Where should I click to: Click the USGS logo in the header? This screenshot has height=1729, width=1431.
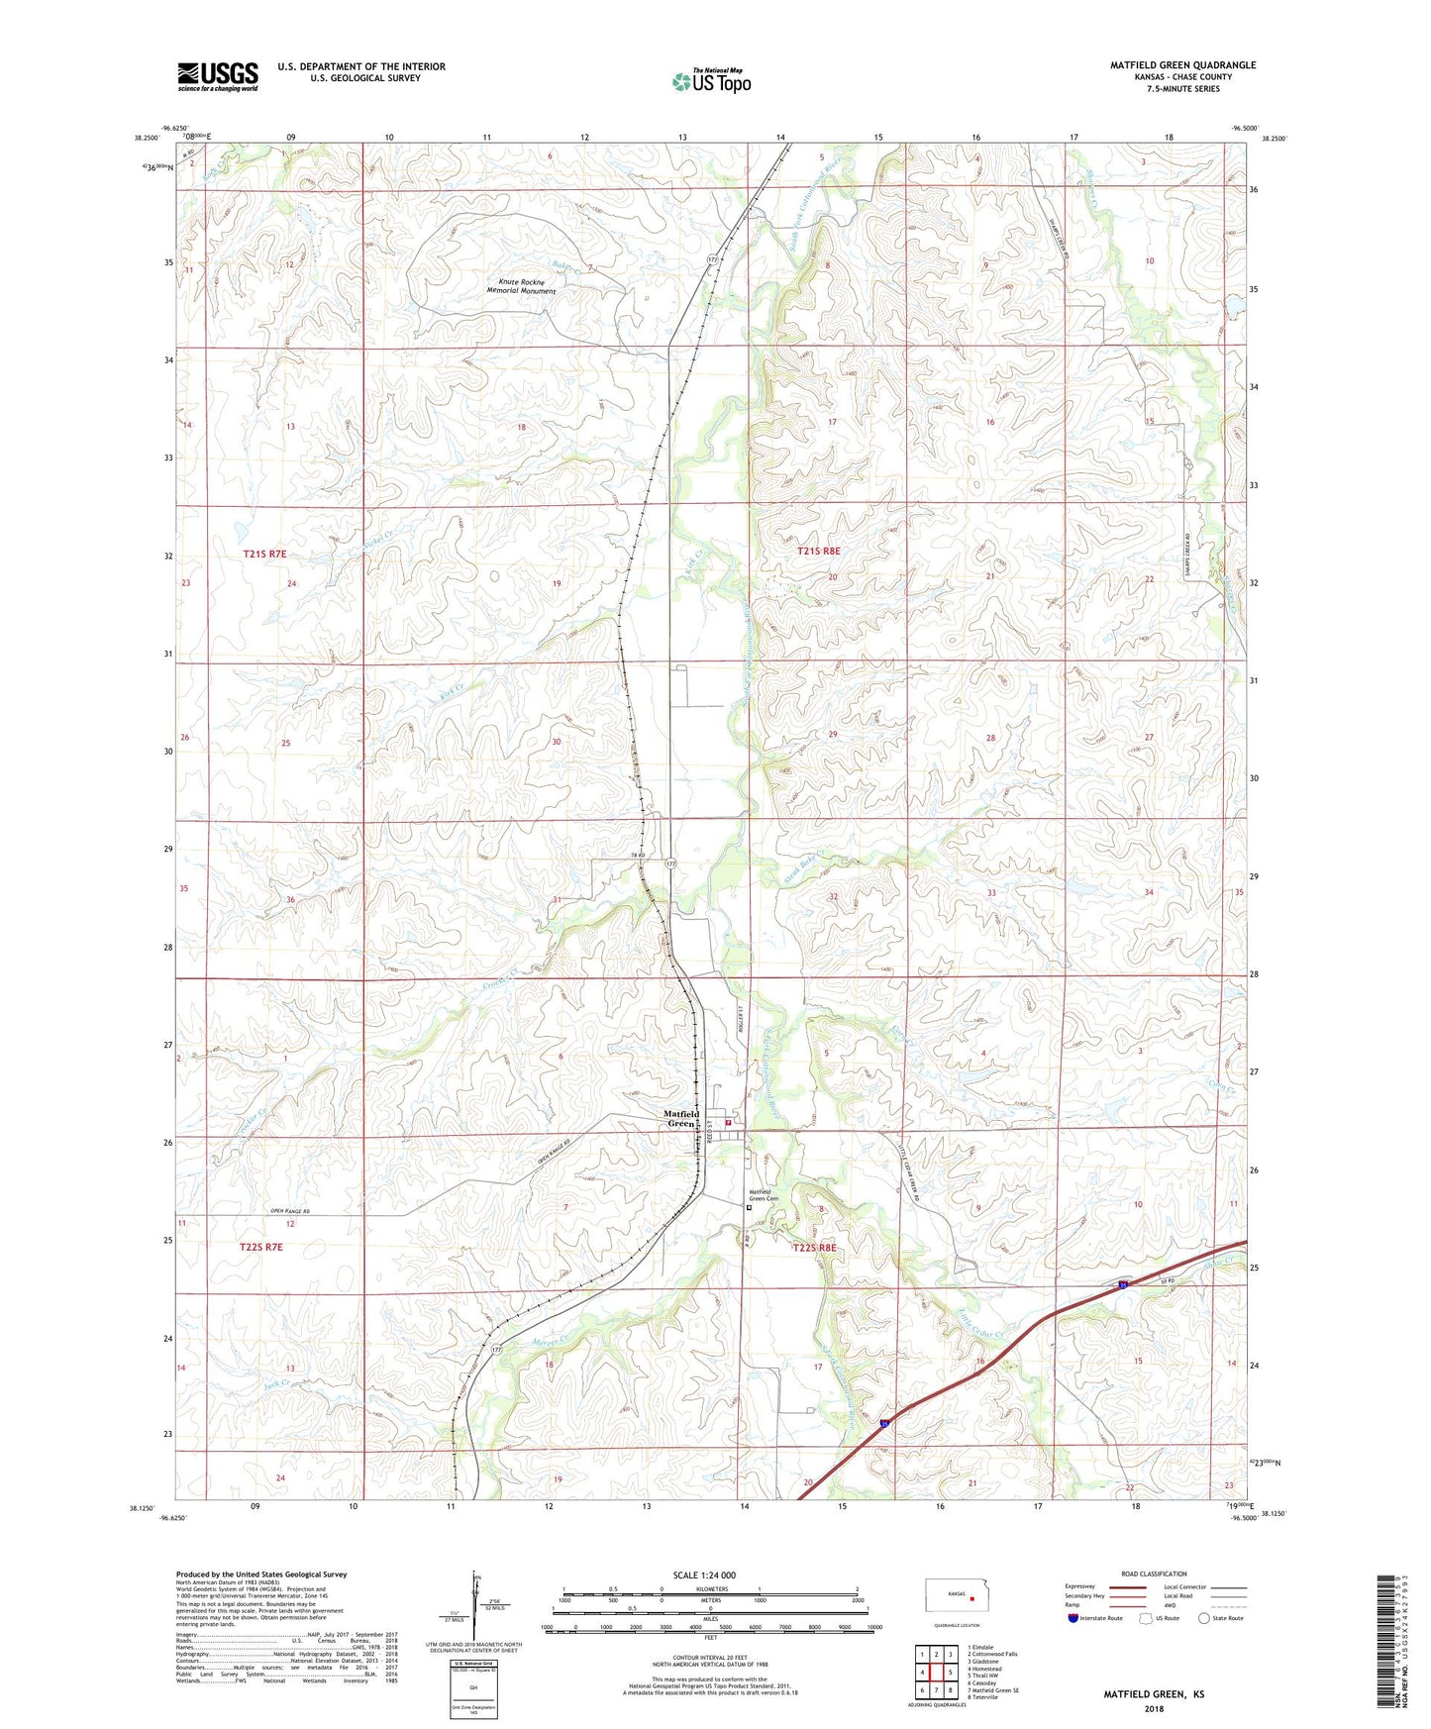(218, 76)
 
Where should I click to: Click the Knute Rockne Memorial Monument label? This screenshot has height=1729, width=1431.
(520, 286)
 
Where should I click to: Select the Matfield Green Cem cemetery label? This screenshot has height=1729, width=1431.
(764, 1195)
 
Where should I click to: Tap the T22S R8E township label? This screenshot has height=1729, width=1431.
(814, 1248)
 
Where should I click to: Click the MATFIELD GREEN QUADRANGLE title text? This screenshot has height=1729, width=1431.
(1182, 65)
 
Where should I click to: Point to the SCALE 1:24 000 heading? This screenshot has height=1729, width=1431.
(704, 1575)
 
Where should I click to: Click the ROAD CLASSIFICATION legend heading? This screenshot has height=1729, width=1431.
(1154, 1574)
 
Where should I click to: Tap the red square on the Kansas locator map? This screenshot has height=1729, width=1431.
(972, 1597)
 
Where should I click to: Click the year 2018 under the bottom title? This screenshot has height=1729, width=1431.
(1154, 1708)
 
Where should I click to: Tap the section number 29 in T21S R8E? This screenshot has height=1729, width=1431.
(833, 734)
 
